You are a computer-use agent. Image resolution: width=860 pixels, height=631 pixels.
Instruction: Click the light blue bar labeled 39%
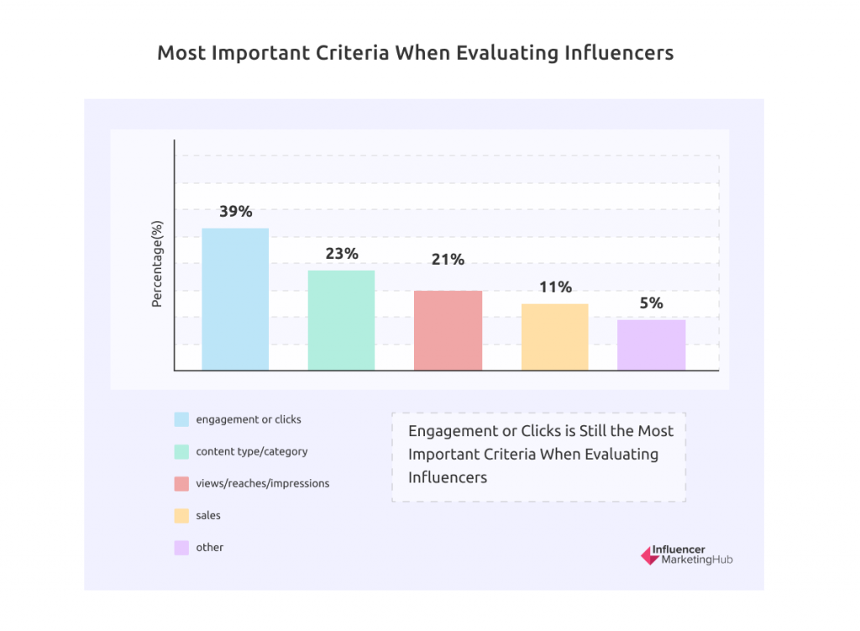[235, 299]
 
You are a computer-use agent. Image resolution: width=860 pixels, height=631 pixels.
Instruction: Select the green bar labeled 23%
[341, 320]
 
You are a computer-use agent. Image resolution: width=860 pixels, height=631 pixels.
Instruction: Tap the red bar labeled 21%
[448, 330]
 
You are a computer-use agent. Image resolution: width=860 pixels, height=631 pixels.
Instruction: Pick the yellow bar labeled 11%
[554, 337]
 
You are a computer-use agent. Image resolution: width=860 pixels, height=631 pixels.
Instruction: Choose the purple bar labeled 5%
[651, 344]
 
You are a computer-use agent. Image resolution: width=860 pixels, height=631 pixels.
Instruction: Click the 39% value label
[236, 212]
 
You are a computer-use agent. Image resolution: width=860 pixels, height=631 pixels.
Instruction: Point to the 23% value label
[342, 253]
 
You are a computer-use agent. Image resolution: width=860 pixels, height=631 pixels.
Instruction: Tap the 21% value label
[448, 260]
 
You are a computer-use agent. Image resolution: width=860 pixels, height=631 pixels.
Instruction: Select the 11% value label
[555, 287]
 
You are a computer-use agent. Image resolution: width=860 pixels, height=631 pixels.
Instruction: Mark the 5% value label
[651, 303]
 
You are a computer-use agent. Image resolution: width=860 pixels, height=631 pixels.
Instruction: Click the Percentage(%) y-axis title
[156, 263]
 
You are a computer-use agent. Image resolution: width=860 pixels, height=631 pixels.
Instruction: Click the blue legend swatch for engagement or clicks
[181, 419]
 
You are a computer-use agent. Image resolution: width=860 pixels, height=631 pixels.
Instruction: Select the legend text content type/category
[251, 451]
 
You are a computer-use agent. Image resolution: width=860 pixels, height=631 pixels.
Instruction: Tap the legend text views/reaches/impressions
[262, 483]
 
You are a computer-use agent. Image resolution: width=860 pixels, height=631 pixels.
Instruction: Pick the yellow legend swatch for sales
[181, 515]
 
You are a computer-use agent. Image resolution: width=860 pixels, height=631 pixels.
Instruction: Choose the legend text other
[210, 547]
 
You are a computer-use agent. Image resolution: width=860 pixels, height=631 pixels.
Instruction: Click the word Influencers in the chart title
[619, 53]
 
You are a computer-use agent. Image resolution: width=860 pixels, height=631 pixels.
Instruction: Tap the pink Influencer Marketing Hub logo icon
[649, 555]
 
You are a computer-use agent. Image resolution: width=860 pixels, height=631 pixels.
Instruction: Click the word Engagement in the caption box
[451, 431]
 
